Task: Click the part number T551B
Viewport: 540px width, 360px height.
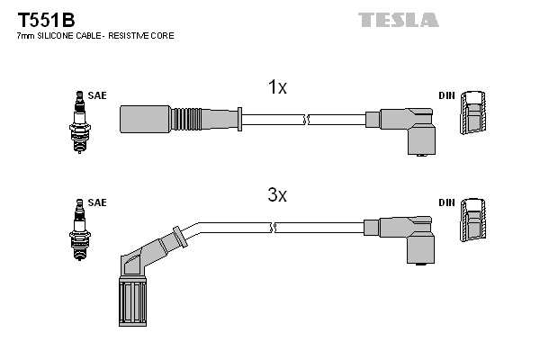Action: pos(37,19)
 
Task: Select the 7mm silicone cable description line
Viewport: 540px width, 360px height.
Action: pos(95,35)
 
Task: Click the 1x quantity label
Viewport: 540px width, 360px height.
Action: pos(277,87)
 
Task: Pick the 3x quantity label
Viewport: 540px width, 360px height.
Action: pos(277,194)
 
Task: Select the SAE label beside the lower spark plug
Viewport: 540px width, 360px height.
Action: pos(97,202)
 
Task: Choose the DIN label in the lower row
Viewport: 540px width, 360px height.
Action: pos(446,202)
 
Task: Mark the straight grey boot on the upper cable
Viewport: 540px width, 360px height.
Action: pos(145,118)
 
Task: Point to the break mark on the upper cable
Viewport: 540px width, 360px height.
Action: pos(307,118)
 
